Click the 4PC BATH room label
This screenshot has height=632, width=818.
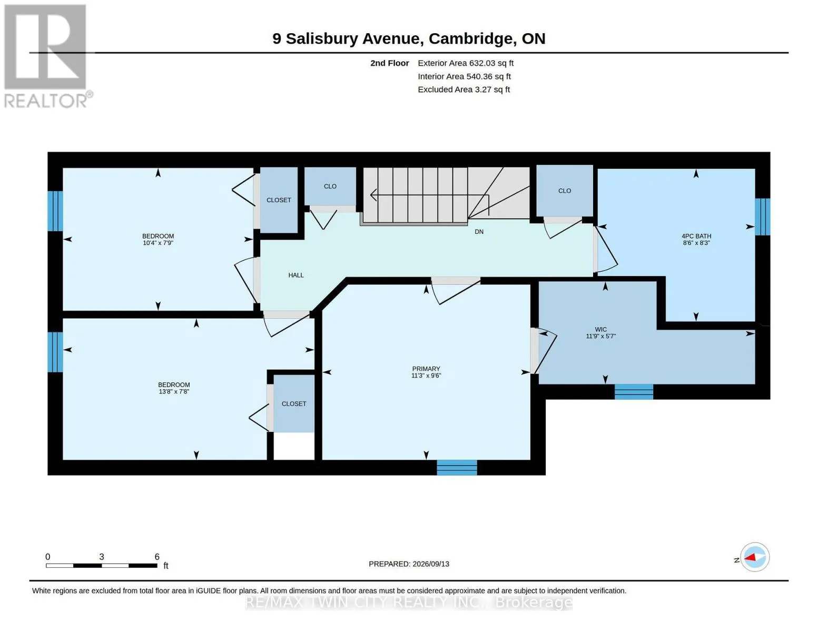pyautogui.click(x=696, y=236)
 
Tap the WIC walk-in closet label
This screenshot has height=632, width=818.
pyautogui.click(x=601, y=329)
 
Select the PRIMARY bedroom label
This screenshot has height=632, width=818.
pyautogui.click(x=426, y=369)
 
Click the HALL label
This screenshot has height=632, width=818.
pyautogui.click(x=296, y=275)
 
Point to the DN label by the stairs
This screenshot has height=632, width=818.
pyautogui.click(x=479, y=232)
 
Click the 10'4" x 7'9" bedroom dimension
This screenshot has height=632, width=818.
pyautogui.click(x=158, y=243)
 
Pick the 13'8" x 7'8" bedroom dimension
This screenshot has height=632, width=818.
pyautogui.click(x=174, y=391)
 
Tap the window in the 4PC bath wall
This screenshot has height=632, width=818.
pyautogui.click(x=762, y=217)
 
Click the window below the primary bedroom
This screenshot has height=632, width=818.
pyautogui.click(x=457, y=467)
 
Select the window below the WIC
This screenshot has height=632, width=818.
pyautogui.click(x=634, y=391)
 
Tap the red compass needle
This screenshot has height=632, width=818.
pyautogui.click(x=750, y=557)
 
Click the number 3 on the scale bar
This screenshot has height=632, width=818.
pyautogui.click(x=101, y=557)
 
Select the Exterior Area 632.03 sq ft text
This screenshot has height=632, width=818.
pyautogui.click(x=465, y=63)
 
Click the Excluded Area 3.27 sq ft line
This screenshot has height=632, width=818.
pyautogui.click(x=464, y=90)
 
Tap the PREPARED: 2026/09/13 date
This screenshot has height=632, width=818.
pyautogui.click(x=409, y=564)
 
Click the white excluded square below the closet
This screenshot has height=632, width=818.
pyautogui.click(x=293, y=446)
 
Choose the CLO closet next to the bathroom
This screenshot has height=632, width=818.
pyautogui.click(x=564, y=191)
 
